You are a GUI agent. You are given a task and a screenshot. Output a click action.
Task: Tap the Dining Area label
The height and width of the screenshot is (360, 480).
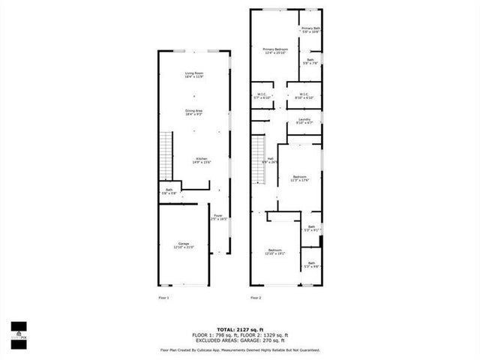tap(194, 112)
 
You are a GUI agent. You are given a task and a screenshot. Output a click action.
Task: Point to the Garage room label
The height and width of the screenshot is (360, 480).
tap(184, 246)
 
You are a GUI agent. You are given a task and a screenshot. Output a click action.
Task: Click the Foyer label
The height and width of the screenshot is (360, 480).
tap(217, 218)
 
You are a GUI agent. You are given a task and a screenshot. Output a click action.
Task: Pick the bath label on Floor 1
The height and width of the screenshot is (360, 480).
tap(169, 191)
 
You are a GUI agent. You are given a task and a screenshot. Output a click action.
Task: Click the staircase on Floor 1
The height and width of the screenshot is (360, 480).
tap(166, 154)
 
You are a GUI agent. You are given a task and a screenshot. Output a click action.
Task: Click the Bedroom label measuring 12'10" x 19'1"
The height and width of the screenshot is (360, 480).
tap(275, 252)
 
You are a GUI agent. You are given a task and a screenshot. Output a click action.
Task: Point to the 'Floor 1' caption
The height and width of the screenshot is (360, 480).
tap(163, 298)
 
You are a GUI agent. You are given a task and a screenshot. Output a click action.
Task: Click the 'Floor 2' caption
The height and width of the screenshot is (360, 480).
tap(256, 298)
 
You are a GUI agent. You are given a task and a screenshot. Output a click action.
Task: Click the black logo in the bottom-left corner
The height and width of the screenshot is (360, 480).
tap(18, 331)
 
